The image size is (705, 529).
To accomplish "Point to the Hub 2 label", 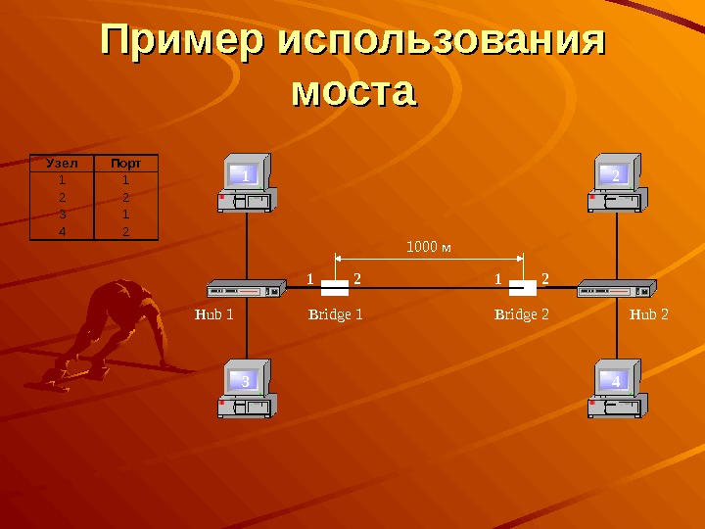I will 648,315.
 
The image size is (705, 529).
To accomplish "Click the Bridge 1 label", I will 336,315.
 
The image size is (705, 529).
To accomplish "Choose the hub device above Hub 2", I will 615,289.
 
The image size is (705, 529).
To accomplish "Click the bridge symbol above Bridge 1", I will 336,287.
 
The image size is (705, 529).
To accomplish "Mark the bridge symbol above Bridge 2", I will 523,287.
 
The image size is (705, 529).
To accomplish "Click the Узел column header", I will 61,164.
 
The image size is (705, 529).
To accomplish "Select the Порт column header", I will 125,164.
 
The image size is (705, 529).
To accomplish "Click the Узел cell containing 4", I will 61,231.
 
